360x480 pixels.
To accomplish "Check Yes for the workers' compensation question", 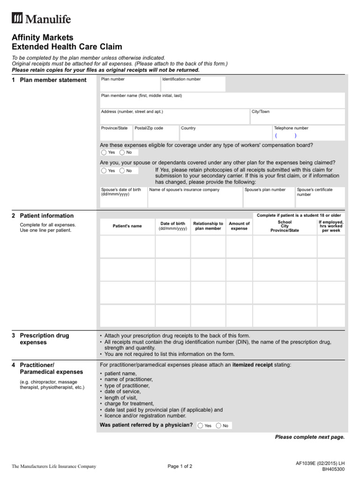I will click(x=104, y=152).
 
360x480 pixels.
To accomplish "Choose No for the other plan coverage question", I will click(x=122, y=171).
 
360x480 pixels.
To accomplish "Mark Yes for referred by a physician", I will click(x=201, y=426).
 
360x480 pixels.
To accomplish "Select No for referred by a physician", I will click(x=219, y=426).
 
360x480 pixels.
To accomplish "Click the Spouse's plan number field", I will click(x=269, y=197).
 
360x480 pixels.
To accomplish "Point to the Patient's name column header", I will click(x=127, y=226).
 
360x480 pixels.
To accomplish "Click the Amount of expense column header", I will click(x=239, y=226).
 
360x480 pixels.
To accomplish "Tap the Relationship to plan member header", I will click(x=208, y=226).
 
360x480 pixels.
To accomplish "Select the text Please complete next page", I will click(x=309, y=437).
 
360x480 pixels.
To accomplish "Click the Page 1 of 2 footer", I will click(x=180, y=466).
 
